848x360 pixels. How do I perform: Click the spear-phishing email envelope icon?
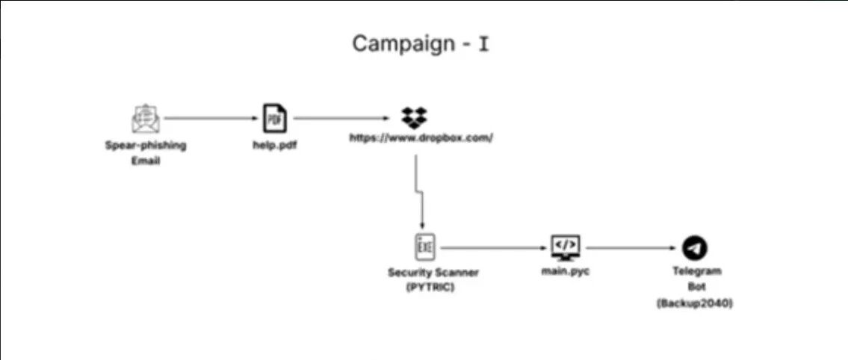point(146,119)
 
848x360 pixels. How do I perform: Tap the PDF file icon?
point(275,118)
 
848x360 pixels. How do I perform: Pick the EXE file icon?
point(424,247)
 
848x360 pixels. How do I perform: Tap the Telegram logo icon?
point(694,248)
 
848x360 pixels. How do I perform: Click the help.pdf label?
point(275,145)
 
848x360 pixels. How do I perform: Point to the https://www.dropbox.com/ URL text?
point(421,137)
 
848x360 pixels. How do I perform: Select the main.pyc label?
point(565,271)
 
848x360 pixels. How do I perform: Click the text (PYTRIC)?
point(430,288)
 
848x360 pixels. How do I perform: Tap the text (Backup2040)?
point(695,304)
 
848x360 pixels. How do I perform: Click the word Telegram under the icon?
point(696,271)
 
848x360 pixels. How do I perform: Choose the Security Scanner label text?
point(433,272)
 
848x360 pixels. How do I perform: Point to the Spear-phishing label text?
point(146,146)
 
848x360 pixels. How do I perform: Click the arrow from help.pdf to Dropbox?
point(341,118)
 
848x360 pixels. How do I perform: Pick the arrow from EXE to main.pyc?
point(494,248)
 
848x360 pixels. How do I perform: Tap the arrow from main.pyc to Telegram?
point(631,248)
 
